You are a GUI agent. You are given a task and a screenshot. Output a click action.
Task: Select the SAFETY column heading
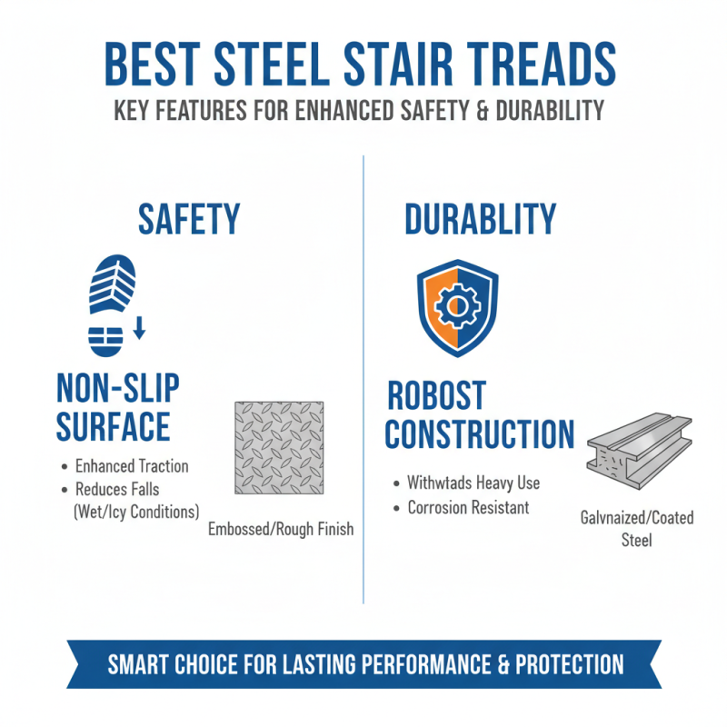point(188,220)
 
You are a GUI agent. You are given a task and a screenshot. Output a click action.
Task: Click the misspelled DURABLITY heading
point(480,220)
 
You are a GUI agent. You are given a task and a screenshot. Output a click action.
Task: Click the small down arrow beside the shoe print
point(139,328)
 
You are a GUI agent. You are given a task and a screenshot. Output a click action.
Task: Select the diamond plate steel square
point(280,448)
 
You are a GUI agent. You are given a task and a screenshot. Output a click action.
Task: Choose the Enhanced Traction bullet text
point(132,466)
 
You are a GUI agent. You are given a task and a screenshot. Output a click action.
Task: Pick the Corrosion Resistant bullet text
point(468,507)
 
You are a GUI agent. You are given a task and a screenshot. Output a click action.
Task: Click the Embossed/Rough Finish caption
point(280,529)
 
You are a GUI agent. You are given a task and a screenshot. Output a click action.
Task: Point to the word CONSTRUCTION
point(479,434)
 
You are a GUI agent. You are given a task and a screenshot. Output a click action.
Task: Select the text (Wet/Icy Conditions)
point(135,511)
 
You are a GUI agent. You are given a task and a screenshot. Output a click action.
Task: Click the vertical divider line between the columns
point(363,382)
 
